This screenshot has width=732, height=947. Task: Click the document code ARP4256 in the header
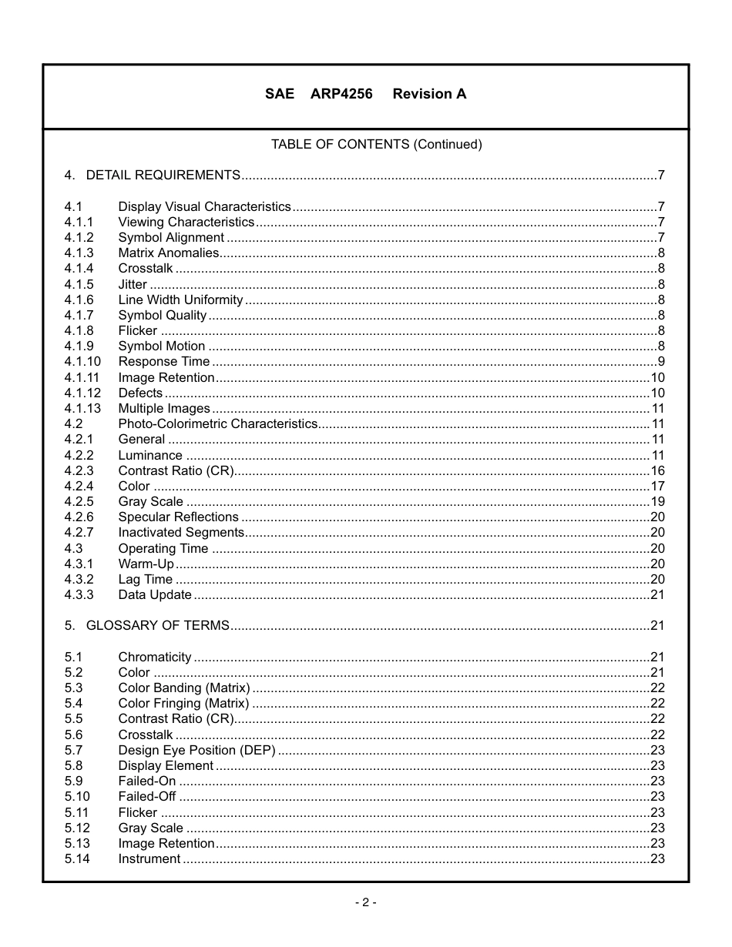(341, 94)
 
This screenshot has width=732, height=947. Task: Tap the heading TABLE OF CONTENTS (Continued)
(376, 144)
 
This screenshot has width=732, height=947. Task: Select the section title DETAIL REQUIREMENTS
(163, 175)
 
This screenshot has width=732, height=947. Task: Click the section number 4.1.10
(82, 361)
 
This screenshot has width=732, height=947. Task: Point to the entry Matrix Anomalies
(168, 253)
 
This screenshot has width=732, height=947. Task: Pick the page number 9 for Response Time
(661, 361)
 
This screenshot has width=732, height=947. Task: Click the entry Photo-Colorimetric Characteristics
(217, 423)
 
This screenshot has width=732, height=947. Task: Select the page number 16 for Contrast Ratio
(657, 470)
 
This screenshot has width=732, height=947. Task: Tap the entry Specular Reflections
(178, 517)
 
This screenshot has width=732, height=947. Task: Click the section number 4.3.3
(79, 594)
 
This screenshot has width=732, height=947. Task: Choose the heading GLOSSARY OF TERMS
(157, 625)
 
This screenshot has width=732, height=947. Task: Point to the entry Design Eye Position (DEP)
(196, 750)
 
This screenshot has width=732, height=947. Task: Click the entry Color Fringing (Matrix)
(183, 703)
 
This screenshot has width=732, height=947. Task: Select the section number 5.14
(77, 858)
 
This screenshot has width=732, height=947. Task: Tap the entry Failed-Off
(146, 796)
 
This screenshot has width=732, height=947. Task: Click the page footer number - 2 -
(365, 902)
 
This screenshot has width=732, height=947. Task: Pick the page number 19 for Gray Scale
(657, 501)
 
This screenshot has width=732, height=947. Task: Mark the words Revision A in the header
(429, 94)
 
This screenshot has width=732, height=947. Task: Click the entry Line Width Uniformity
(180, 299)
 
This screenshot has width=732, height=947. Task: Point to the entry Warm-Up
(146, 564)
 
